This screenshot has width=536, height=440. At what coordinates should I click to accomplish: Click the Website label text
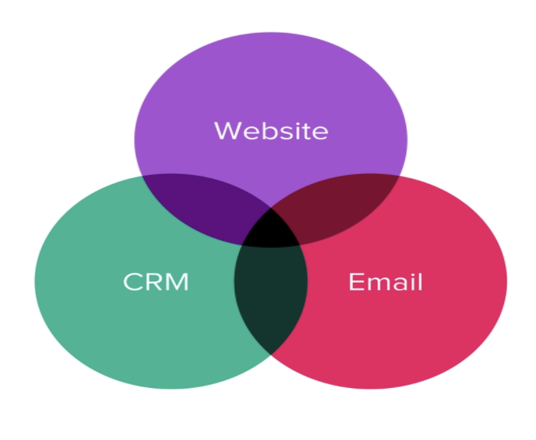(270, 130)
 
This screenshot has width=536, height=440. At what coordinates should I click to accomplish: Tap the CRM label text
(155, 282)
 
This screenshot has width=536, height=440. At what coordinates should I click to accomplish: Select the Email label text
(385, 282)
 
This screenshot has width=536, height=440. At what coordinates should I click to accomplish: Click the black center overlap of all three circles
(271, 228)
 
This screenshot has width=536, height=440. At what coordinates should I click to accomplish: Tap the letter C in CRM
(133, 282)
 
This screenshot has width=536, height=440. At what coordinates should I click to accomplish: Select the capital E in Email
(355, 282)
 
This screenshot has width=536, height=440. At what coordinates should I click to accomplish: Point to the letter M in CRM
(177, 282)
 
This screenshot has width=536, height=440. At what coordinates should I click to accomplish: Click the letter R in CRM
(154, 282)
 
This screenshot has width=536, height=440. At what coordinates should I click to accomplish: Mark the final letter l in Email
(419, 281)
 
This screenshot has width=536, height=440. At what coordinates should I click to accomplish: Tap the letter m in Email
(376, 284)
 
